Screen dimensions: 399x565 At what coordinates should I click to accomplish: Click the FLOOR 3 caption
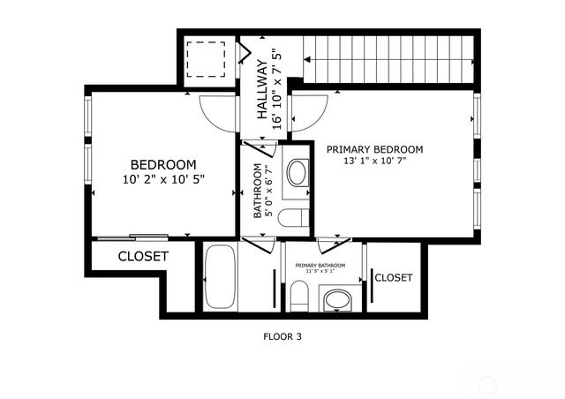click(282, 335)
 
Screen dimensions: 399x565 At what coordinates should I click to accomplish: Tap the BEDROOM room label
click(163, 164)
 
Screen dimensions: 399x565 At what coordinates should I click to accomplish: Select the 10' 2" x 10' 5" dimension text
click(163, 179)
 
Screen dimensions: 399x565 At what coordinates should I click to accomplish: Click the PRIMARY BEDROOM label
click(374, 149)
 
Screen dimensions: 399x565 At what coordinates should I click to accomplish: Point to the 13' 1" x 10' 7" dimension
click(374, 162)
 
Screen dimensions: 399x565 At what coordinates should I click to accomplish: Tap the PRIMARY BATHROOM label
click(320, 265)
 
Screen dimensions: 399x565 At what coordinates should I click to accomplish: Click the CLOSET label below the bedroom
click(143, 256)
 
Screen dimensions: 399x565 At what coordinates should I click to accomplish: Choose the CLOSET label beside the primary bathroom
click(393, 277)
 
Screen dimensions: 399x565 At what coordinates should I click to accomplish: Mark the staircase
click(388, 58)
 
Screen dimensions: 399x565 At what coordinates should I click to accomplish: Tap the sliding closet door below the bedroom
click(132, 237)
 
